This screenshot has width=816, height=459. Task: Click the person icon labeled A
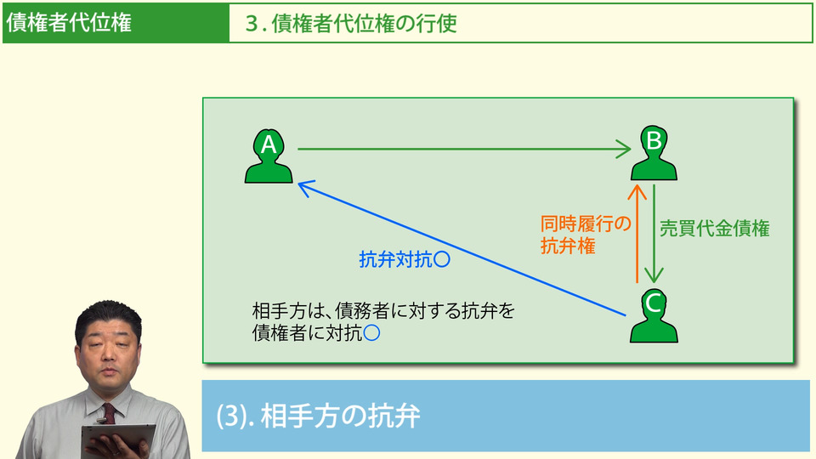pyautogui.click(x=269, y=157)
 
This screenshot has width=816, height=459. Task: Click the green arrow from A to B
pyautogui.click(x=463, y=150)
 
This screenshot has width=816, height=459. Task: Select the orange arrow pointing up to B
pyautogui.click(x=634, y=234)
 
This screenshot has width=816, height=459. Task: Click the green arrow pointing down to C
pyautogui.click(x=654, y=234)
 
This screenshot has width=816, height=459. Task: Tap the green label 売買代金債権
pyautogui.click(x=715, y=229)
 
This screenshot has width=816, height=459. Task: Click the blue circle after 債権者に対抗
pyautogui.click(x=371, y=334)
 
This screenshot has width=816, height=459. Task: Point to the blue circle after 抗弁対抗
pyautogui.click(x=441, y=260)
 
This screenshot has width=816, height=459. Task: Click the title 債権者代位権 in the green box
pyautogui.click(x=69, y=23)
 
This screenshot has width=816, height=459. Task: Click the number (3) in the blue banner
pyautogui.click(x=230, y=416)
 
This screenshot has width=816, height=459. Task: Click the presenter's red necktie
pyautogui.click(x=108, y=413)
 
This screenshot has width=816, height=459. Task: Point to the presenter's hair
pyautogui.click(x=107, y=312)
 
